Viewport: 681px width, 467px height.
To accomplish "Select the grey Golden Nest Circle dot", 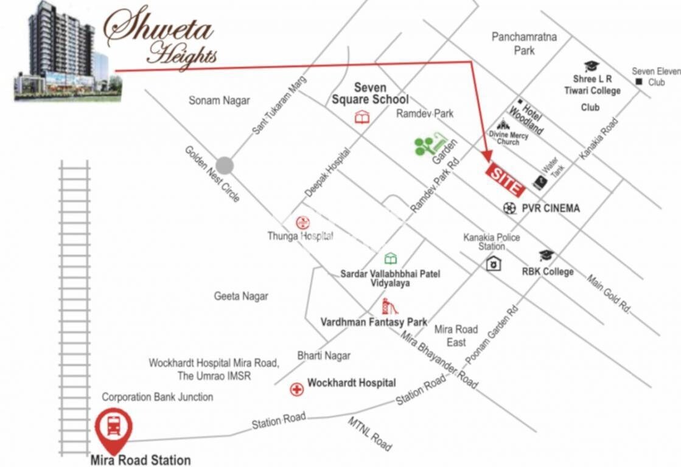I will [225, 165].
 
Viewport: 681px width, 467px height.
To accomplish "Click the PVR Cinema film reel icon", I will [509, 208].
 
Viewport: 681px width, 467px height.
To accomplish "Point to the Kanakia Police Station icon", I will [494, 263].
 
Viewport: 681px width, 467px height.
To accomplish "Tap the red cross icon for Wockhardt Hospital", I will [296, 389].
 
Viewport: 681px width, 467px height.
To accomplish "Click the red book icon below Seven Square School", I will [362, 117].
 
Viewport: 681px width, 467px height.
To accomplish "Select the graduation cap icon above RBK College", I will [547, 255].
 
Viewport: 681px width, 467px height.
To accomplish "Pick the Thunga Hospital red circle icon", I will [302, 223].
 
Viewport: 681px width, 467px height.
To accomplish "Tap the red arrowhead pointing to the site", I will [486, 157].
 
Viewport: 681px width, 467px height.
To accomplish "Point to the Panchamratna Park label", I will [524, 44].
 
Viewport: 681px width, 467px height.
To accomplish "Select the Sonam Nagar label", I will [219, 100].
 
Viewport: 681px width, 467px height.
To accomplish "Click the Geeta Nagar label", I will [241, 296].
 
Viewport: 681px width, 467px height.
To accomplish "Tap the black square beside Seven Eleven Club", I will [638, 81].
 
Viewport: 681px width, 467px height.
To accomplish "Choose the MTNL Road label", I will [369, 434].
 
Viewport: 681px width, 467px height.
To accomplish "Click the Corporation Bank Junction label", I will [157, 397].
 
